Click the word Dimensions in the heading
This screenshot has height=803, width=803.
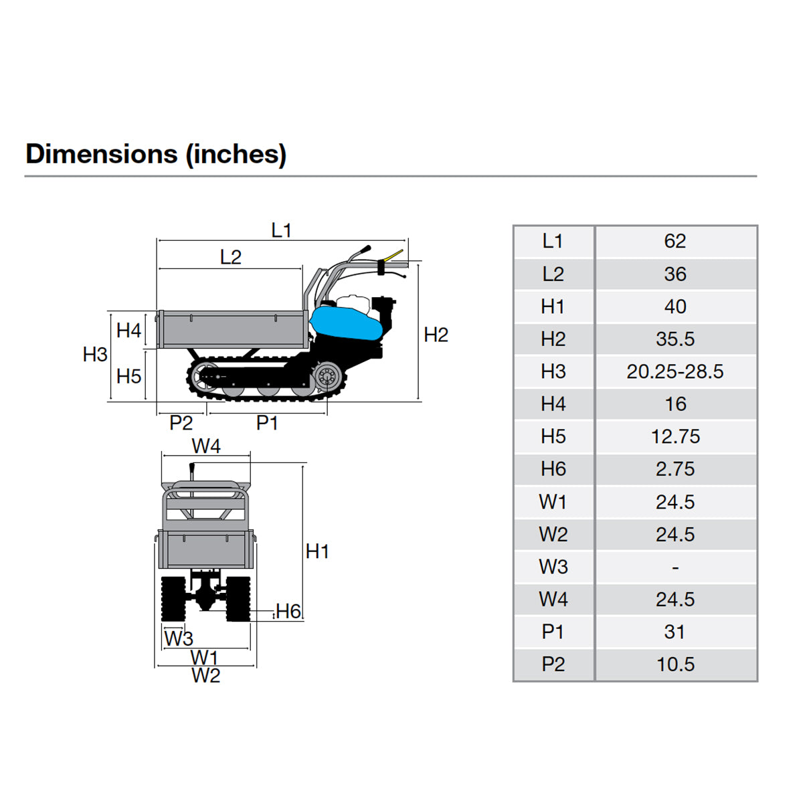pos(101,154)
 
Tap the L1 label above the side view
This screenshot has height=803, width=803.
pos(282,230)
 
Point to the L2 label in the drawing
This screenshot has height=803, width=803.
pos(230,257)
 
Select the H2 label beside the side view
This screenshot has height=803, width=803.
pos(436,335)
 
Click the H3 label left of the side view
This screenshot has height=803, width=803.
pos(95,354)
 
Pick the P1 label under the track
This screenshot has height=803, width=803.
pos(267,422)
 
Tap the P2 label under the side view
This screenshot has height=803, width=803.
pos(181,422)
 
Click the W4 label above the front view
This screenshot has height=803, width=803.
pos(205,446)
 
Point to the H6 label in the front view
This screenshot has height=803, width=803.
pos(288,611)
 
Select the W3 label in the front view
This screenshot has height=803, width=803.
pos(179,638)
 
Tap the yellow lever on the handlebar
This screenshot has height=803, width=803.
pos(392,256)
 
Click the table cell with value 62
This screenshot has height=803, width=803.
pos(675,241)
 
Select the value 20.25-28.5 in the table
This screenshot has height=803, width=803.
pos(675,371)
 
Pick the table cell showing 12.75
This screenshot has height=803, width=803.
pos(675,436)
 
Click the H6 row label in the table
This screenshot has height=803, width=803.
pos(553,469)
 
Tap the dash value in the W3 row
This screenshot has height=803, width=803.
pos(675,567)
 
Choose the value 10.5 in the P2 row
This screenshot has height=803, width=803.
pos(675,664)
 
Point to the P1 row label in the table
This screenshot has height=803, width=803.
pos(553,632)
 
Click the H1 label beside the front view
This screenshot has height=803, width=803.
pos(317,551)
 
